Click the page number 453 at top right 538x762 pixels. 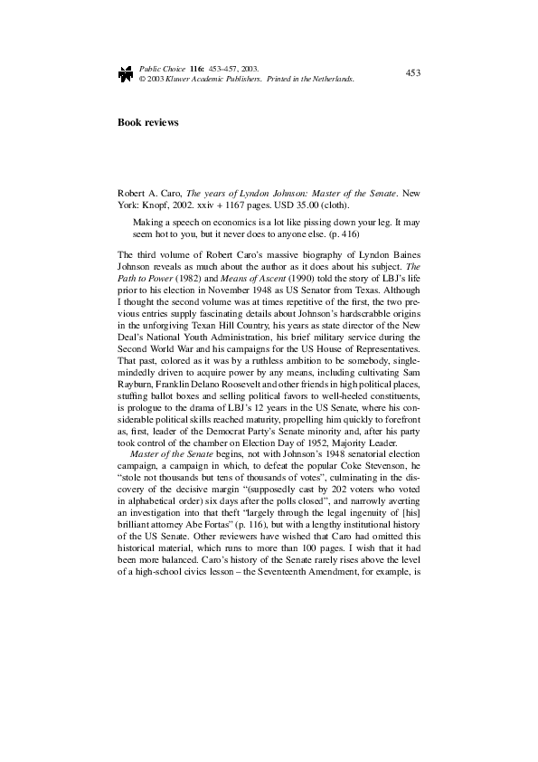coord(411,71)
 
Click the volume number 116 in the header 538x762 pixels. coord(196,68)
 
